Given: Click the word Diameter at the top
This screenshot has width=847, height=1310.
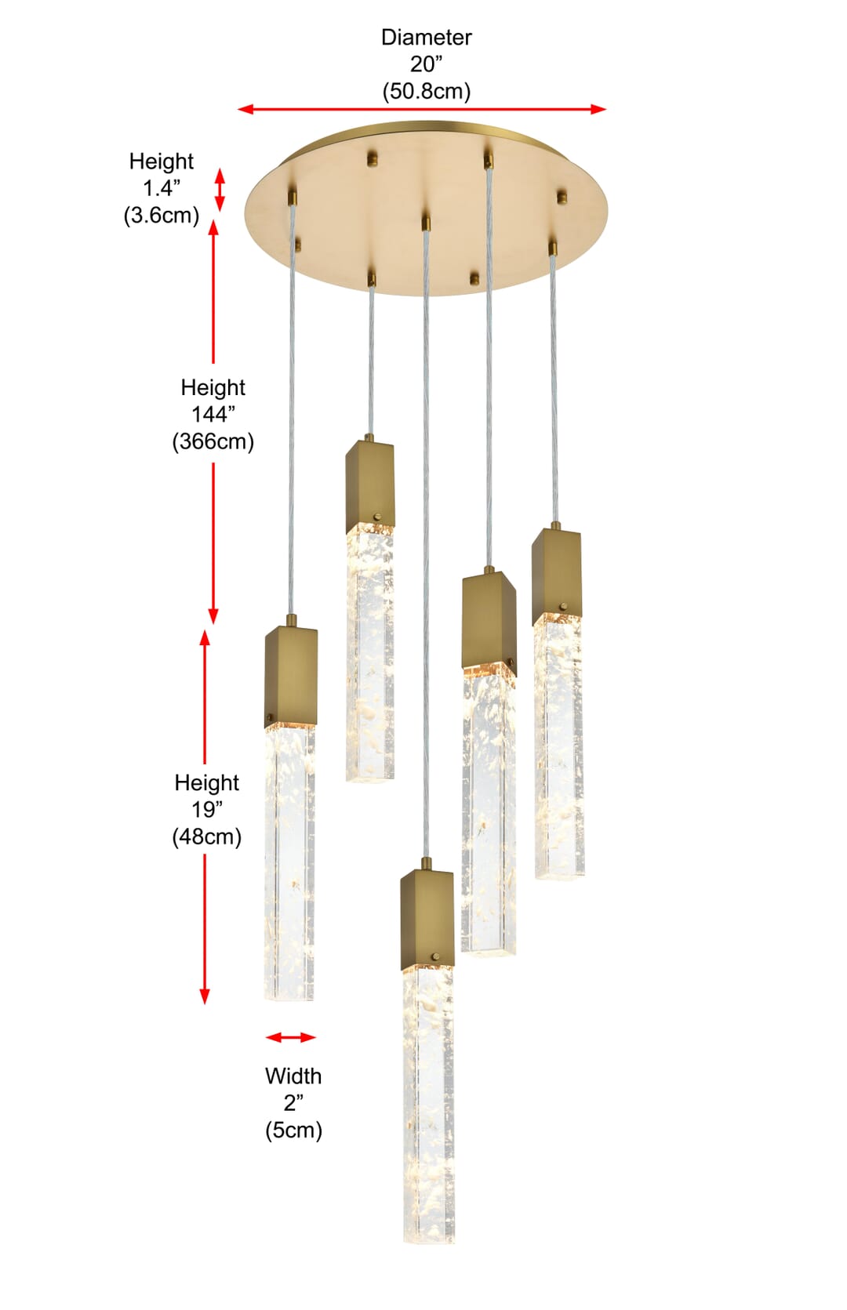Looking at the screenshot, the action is (426, 38).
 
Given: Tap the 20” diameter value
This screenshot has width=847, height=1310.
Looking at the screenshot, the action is (426, 64).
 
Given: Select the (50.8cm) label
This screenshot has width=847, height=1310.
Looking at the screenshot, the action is (427, 91).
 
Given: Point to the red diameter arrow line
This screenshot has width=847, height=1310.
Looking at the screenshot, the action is (422, 109).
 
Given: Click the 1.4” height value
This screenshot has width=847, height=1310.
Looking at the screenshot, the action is (162, 188).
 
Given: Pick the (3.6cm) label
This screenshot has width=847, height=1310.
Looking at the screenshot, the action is (162, 216).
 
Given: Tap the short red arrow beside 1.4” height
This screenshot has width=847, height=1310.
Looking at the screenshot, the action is (220, 190).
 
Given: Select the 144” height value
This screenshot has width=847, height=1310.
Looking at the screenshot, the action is (213, 415).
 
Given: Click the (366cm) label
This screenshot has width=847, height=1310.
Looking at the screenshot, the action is (213, 441).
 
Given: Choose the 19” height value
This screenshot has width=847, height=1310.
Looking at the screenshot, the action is (207, 810).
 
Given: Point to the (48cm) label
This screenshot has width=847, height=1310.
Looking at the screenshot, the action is (207, 837).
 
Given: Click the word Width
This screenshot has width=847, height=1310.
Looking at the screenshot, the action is (293, 1076).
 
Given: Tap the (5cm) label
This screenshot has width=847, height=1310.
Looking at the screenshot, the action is (293, 1130).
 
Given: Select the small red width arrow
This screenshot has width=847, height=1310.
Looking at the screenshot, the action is (291, 1037).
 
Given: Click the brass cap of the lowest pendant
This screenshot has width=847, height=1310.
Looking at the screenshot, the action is (427, 920).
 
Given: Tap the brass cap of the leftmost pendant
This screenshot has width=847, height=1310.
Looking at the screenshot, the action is (291, 677).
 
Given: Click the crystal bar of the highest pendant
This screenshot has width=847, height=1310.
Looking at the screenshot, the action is (369, 652).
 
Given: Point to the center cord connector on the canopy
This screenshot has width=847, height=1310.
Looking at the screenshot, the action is (426, 223).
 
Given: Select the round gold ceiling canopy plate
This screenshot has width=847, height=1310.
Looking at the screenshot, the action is (426, 209).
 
